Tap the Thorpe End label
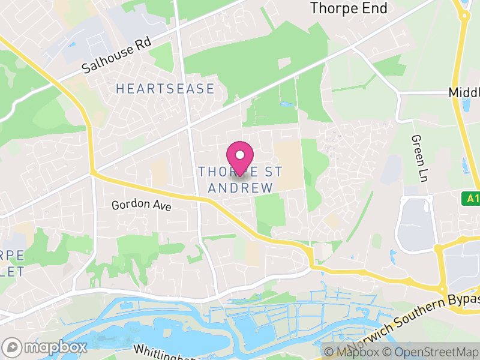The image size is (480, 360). click(x=349, y=8)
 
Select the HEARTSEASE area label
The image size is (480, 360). click(x=165, y=89)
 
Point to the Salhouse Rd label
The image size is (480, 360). click(x=118, y=57)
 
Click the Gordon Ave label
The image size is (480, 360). click(x=142, y=205)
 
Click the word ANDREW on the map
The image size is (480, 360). click(x=240, y=188)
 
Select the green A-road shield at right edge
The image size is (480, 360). click(x=471, y=198)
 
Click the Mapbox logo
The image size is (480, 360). click(x=45, y=347)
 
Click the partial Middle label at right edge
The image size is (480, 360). click(x=464, y=93)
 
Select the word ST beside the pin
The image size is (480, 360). click(x=272, y=172)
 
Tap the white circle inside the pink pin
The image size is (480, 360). click(x=240, y=152)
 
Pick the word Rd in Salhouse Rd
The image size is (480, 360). click(x=143, y=45)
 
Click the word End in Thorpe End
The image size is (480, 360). click(x=373, y=8)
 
